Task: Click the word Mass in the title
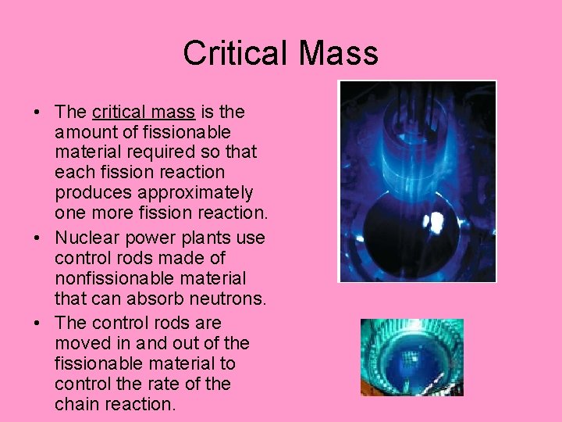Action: click(336, 53)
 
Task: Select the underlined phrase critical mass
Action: click(143, 112)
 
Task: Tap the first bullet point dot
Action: click(37, 112)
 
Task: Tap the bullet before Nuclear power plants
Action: click(37, 238)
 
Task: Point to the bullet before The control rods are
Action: click(37, 323)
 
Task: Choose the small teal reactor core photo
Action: click(411, 356)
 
